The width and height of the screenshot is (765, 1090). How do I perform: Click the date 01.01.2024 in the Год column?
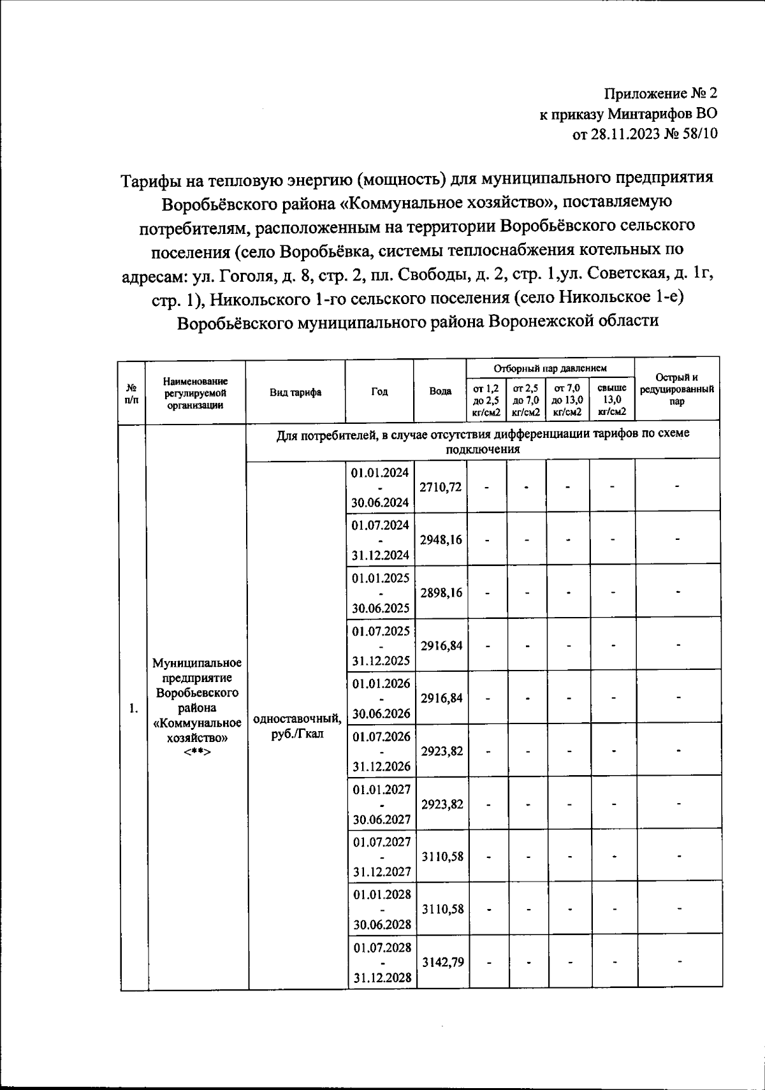tap(380, 472)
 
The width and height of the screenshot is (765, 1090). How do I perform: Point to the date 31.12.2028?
tap(382, 978)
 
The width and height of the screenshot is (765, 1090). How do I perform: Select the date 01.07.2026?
tap(381, 737)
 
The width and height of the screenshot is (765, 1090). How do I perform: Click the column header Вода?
tap(441, 391)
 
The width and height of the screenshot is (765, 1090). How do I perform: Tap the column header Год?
tap(379, 392)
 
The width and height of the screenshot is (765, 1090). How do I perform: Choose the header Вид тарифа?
tap(295, 392)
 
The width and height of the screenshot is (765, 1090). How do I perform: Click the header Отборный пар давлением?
tap(550, 368)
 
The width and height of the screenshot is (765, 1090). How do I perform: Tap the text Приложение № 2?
tap(661, 94)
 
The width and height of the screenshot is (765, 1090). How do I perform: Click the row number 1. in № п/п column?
tap(133, 708)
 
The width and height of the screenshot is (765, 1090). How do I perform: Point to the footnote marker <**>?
tap(197, 752)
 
